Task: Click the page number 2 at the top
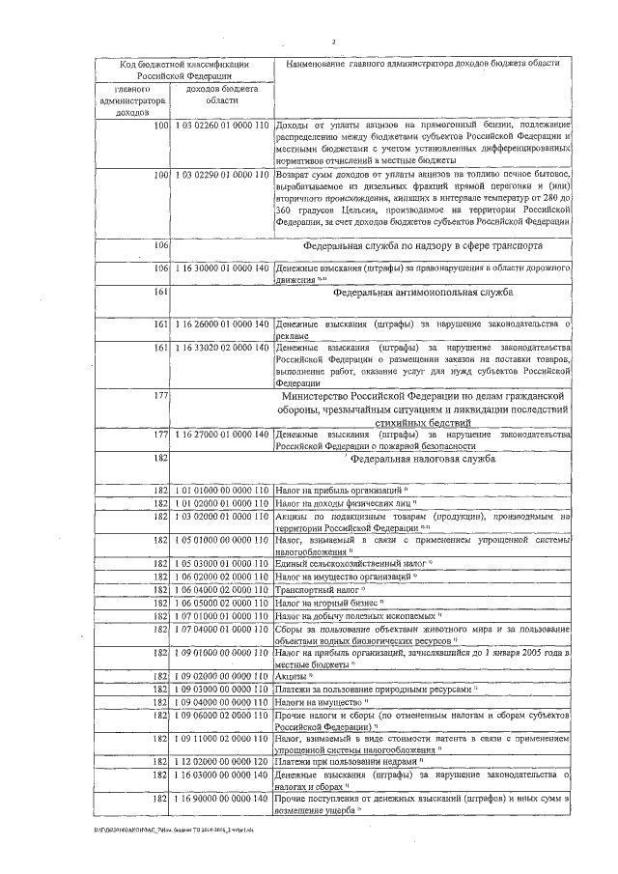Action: pyautogui.click(x=331, y=42)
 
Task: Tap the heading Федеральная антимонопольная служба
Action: pyautogui.click(x=423, y=291)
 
